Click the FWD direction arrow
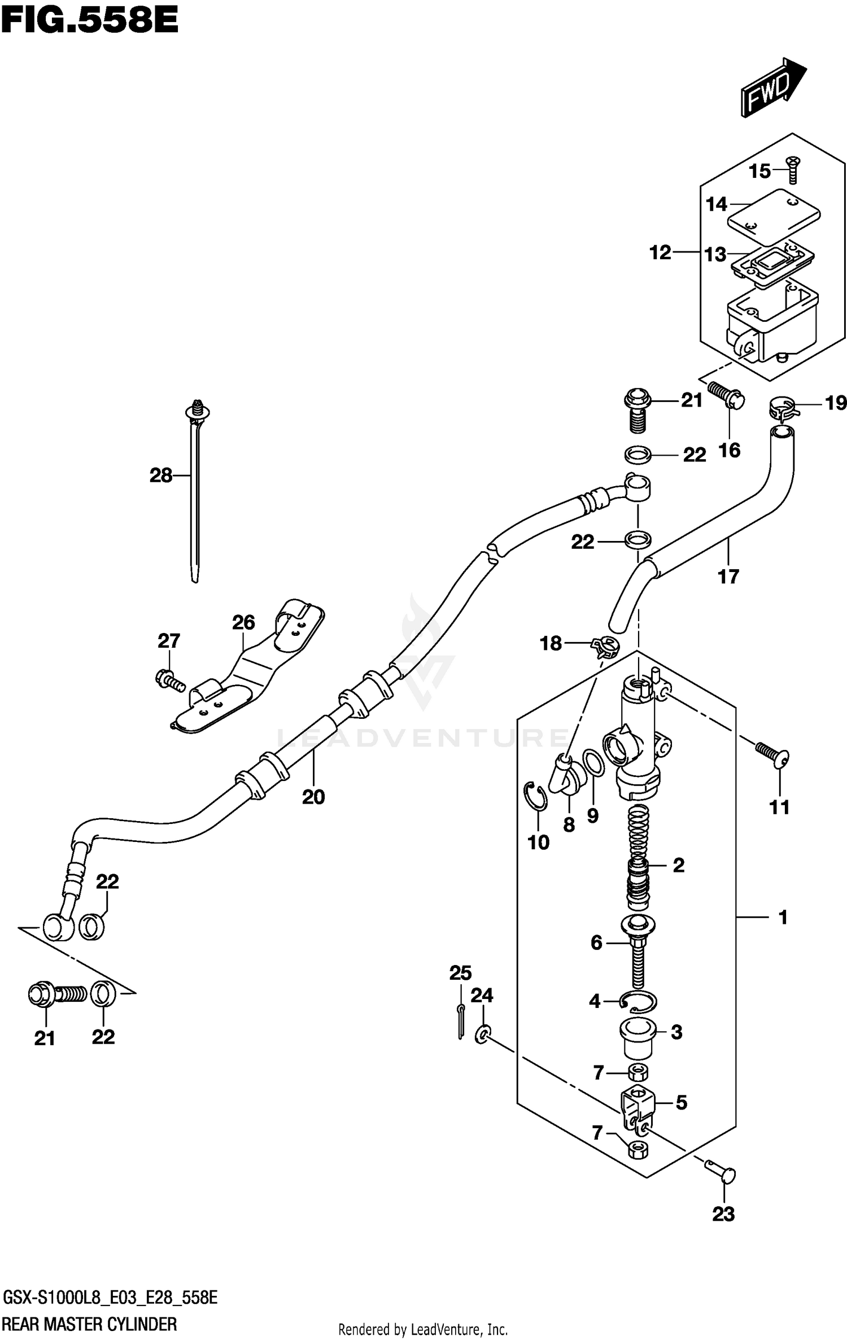(x=773, y=87)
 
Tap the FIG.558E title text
(x=89, y=21)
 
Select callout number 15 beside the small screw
(x=759, y=171)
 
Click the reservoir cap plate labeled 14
(x=773, y=212)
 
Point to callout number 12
(x=660, y=252)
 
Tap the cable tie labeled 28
(x=195, y=497)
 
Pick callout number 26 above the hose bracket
(x=243, y=622)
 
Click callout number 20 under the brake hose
(x=313, y=797)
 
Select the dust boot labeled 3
(x=638, y=1037)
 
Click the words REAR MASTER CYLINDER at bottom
(x=90, y=1324)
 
